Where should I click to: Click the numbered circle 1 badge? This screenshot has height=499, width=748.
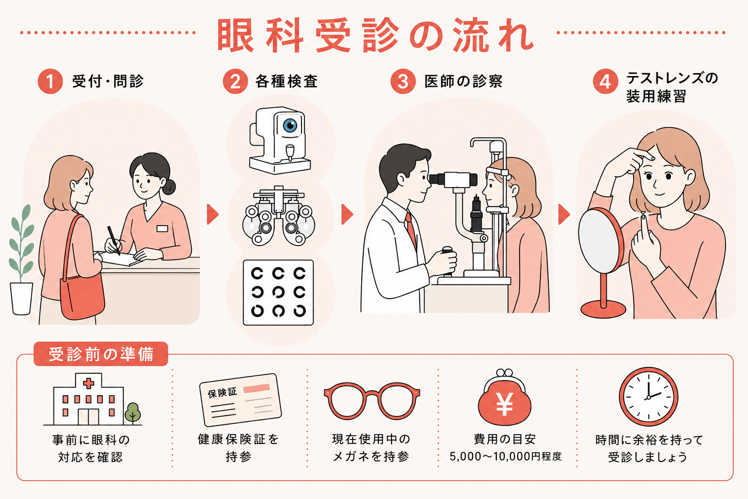[x=50, y=81]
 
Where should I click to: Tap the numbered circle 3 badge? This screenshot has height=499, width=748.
[x=403, y=81]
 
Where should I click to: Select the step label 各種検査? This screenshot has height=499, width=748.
[x=286, y=81]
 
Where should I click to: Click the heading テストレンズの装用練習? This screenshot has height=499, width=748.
[x=672, y=88]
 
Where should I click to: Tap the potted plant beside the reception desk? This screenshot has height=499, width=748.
[x=22, y=260]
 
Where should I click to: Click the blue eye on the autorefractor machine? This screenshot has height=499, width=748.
[x=290, y=126]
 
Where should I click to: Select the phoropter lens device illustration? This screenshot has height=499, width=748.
[x=279, y=216]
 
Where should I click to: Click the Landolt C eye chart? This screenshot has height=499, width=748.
[x=278, y=292]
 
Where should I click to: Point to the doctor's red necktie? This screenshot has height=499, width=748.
[x=411, y=230]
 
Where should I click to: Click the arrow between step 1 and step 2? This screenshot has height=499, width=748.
[x=212, y=214]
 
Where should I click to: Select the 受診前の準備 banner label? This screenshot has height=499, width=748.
[x=101, y=354]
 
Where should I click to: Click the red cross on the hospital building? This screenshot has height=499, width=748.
[x=88, y=384]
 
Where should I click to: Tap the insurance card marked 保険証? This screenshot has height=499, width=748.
[x=241, y=400]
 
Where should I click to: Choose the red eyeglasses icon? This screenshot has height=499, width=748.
[x=372, y=401]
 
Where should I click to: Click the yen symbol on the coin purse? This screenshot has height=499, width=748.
[x=504, y=404]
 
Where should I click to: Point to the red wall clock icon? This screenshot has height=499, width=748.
[x=649, y=397]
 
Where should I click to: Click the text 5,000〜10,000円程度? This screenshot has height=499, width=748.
[x=505, y=456]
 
